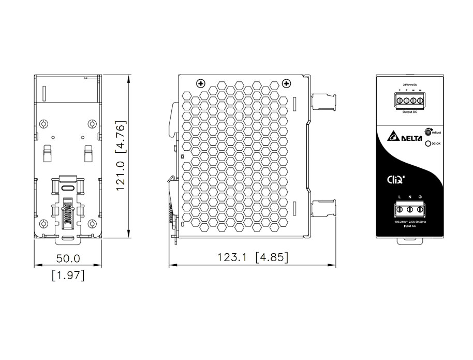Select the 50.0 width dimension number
click(68, 257)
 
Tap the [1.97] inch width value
click(68, 275)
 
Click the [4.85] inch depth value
click(272, 257)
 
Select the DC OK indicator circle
click(427, 144)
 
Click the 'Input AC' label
click(411, 226)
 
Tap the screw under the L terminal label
click(400, 210)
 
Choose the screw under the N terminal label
click(410, 210)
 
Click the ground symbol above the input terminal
click(420, 197)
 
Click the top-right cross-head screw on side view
click(285, 83)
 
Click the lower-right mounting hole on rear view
click(92, 224)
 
